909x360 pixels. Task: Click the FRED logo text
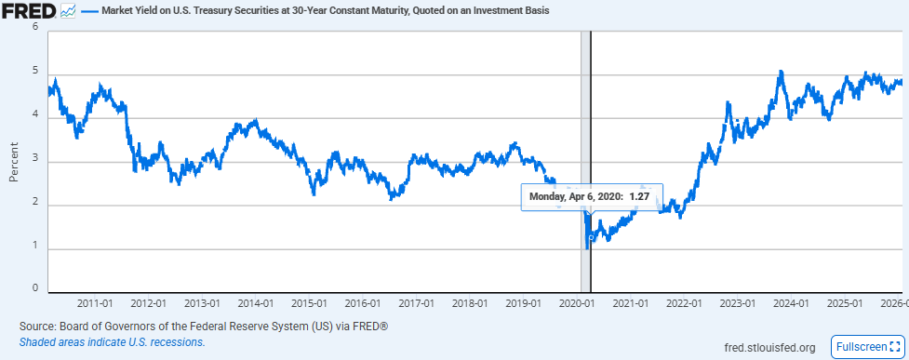30,12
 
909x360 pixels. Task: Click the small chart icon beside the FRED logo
69,12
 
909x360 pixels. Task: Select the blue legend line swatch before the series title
89,12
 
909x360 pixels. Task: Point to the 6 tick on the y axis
35,27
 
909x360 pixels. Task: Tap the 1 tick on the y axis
35,246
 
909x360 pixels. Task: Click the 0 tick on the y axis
35,289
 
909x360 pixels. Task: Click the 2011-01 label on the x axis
95,303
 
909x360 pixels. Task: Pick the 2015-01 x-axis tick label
309,303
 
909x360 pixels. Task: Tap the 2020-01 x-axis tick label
577,303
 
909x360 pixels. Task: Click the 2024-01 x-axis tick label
791,303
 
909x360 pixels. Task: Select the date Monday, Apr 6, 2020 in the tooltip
575,196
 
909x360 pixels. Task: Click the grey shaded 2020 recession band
585,112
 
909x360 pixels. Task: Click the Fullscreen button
865,347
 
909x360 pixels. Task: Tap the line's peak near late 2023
781,72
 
